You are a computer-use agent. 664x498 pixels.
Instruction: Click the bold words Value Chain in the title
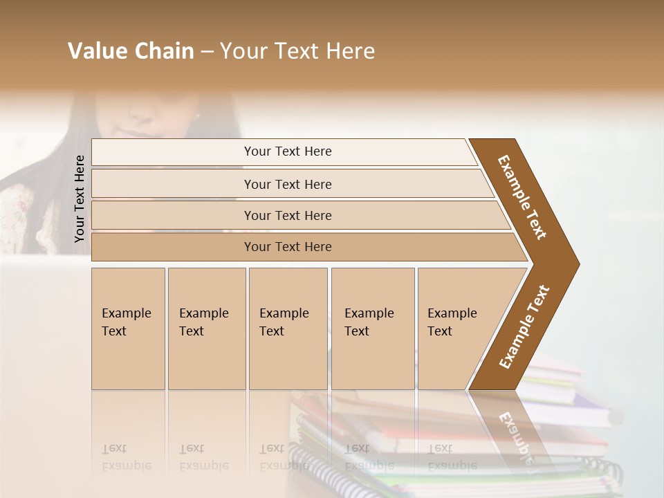131,51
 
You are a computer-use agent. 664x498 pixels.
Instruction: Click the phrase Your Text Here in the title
297,51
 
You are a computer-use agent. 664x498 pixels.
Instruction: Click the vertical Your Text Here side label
80,199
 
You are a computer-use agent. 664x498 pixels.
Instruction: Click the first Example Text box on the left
128,329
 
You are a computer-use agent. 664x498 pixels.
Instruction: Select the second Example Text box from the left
206,329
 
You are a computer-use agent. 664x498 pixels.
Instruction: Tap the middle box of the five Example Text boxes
288,329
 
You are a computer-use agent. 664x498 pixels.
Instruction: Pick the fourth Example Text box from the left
372,329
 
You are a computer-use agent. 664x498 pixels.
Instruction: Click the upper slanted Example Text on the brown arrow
522,196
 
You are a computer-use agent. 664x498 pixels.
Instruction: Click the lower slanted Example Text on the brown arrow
524,327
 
